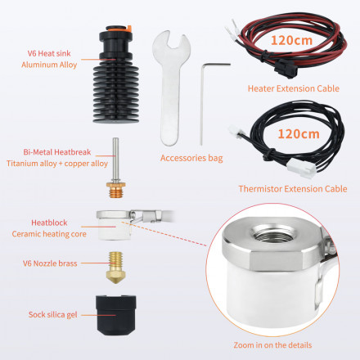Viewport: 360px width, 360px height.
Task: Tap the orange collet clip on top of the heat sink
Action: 129,29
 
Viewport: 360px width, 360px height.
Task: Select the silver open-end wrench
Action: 171,88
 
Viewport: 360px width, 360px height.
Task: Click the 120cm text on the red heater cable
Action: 291,40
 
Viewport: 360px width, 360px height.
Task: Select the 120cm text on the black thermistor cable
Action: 299,134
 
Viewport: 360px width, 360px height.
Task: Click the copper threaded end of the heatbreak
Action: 116,190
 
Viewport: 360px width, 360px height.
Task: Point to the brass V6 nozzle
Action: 115,268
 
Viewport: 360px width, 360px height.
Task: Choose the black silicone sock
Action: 115,315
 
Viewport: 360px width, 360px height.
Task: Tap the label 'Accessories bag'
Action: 191,158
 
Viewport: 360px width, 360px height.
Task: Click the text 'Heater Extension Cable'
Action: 294,88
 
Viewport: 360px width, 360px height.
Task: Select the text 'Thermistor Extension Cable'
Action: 293,189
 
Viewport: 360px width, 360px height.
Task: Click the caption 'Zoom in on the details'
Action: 272,345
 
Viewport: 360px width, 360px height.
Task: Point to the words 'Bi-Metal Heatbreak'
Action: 57,152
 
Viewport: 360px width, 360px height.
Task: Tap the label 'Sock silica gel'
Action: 53,314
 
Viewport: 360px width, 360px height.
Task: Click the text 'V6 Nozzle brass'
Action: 50,263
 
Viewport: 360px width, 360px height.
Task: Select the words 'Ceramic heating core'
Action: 49,234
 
